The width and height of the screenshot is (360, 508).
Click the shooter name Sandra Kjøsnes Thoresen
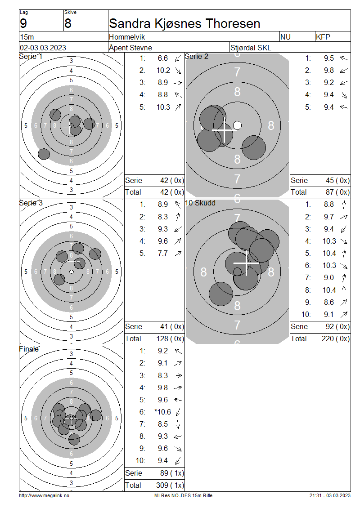[x=184, y=24]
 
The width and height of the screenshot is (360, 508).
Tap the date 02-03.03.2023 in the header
[x=43, y=48]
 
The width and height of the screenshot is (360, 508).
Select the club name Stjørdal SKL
[x=250, y=48]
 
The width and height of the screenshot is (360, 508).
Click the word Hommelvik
[x=127, y=37]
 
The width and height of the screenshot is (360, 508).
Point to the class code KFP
[x=323, y=37]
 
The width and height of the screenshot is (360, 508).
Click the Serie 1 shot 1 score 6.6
[x=163, y=58]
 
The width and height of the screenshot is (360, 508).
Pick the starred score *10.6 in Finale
[x=163, y=412]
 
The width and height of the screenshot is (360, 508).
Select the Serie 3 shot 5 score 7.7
[x=163, y=254]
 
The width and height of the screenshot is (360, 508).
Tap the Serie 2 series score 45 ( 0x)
[x=337, y=180]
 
